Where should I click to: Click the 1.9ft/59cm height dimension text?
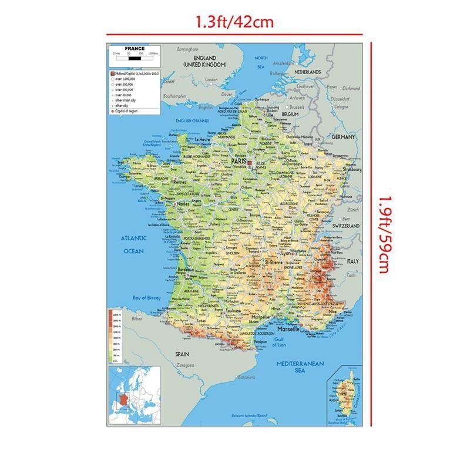pyautogui.click(x=382, y=235)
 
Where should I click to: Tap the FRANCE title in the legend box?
pyautogui.click(x=135, y=49)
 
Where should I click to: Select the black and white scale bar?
pyautogui.click(x=135, y=58)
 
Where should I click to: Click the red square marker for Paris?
pyautogui.click(x=250, y=163)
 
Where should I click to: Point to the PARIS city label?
pyautogui.click(x=239, y=160)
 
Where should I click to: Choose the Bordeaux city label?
pyautogui.click(x=185, y=270)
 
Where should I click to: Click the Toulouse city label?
pyautogui.click(x=233, y=310)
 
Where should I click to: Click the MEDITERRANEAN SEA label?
pyautogui.click(x=300, y=368)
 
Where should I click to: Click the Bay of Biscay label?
pyautogui.click(x=146, y=298)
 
